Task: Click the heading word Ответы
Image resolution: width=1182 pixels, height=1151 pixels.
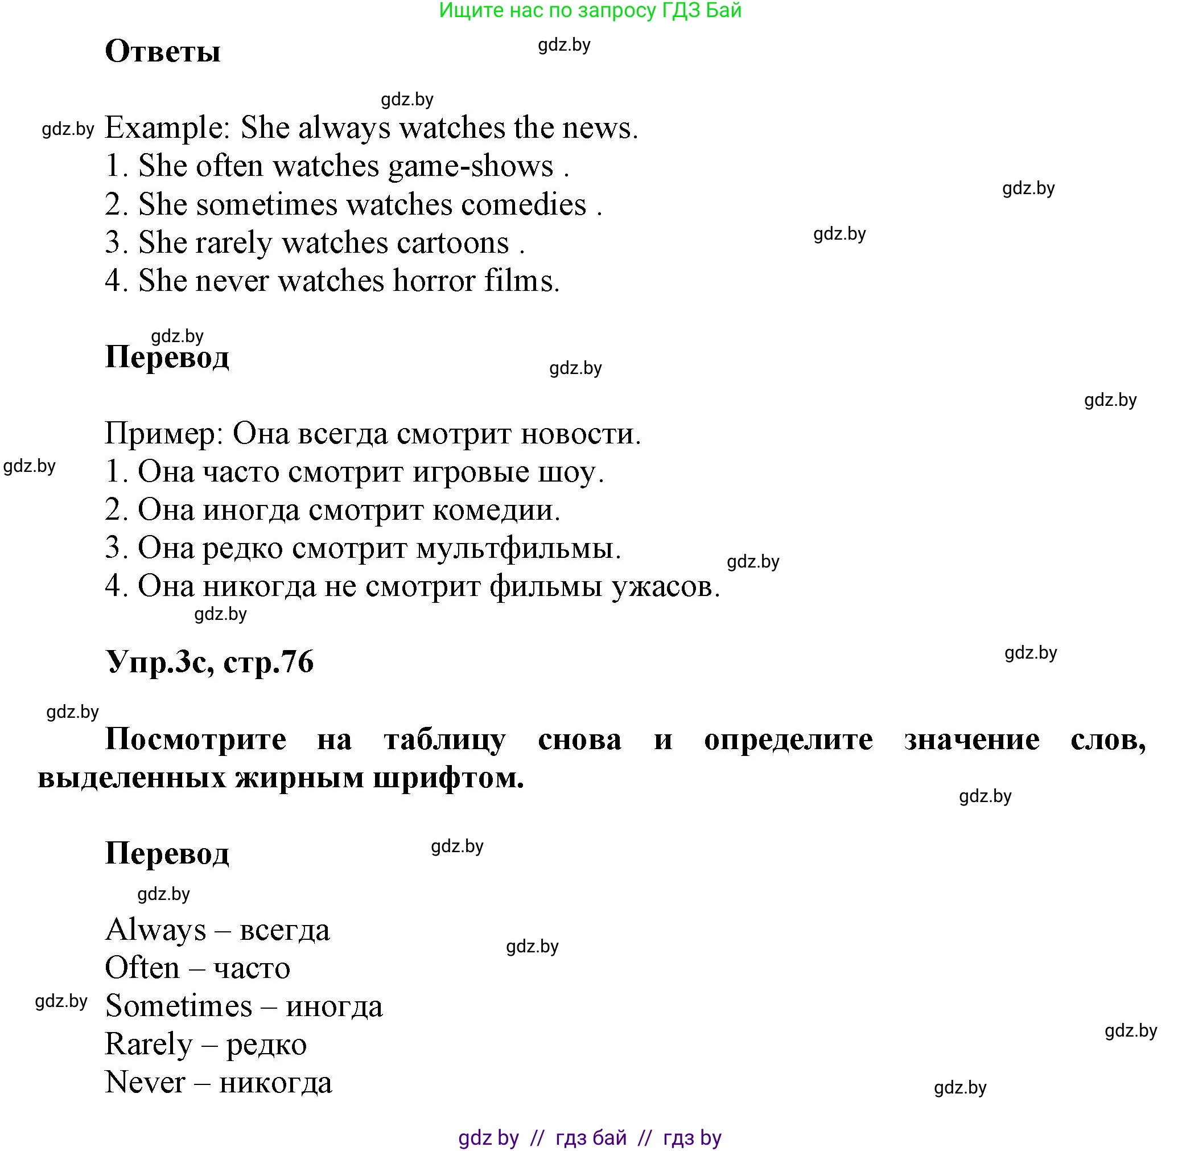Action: (162, 51)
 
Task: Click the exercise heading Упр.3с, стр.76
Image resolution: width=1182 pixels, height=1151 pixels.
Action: (209, 662)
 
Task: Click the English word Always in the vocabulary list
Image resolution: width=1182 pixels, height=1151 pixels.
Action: (155, 930)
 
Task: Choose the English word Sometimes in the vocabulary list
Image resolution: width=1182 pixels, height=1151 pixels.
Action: (178, 1006)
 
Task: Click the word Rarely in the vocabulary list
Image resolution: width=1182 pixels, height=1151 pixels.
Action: (149, 1045)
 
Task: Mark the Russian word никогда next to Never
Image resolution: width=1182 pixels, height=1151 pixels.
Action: (275, 1083)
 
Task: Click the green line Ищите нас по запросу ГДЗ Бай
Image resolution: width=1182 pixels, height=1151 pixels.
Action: (590, 10)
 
